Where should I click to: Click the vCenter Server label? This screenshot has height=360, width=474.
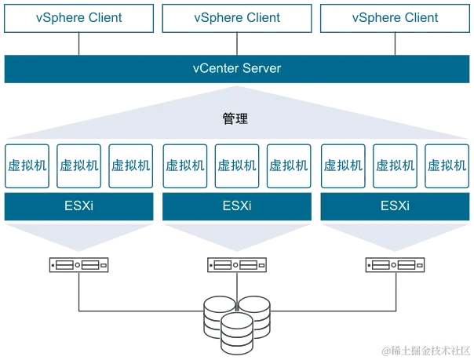pos(236,68)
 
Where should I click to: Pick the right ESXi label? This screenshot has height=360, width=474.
pos(394,207)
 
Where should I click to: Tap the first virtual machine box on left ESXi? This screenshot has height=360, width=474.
pos(27,165)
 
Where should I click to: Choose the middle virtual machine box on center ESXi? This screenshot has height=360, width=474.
pos(236,165)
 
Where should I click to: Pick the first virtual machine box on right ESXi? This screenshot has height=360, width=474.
pos(344,165)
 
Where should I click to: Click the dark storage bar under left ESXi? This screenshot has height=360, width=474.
pos(77,267)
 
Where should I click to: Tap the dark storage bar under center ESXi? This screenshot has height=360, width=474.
pos(235,267)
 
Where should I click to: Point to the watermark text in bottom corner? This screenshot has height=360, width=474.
pos(425,350)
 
